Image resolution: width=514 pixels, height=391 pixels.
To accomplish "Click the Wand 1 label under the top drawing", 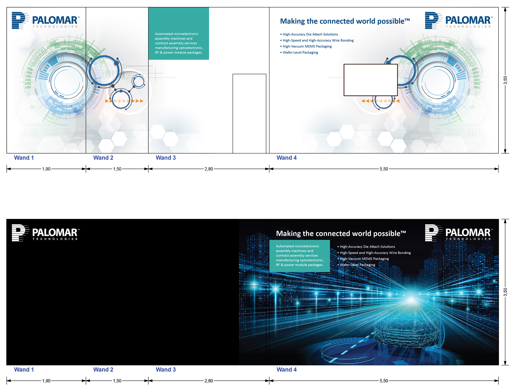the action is (24, 158).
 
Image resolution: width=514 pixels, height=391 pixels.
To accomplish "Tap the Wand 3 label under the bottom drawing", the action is (166, 370).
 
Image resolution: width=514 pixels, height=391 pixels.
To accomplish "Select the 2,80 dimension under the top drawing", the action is (209, 169).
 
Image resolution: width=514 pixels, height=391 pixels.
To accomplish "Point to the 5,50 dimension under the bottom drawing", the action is (384, 381).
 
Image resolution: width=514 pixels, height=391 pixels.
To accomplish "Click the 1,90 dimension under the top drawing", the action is (46, 169).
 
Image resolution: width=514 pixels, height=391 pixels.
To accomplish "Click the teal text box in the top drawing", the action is (179, 33).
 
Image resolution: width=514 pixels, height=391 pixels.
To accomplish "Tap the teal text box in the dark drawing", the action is (300, 256).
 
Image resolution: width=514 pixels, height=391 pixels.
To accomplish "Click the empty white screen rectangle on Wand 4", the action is (371, 80).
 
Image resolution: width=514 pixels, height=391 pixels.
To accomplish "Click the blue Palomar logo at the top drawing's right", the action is (459, 20).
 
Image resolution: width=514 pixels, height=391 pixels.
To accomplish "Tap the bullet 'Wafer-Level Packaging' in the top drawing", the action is (299, 53).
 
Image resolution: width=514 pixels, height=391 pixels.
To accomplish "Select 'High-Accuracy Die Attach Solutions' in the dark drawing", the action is (366, 247).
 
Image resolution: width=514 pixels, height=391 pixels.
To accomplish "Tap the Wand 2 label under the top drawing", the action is (103, 158).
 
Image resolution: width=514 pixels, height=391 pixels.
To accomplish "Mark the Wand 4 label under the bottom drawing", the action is (286, 370).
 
